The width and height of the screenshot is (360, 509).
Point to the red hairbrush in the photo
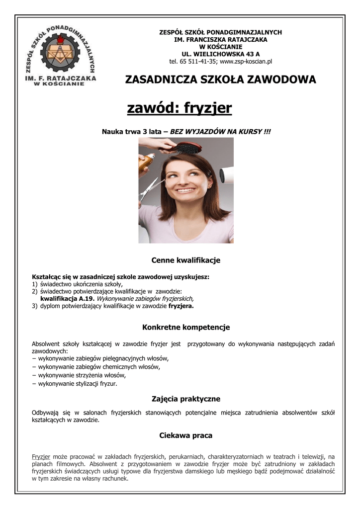[x=187, y=148]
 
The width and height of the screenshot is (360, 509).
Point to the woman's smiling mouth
[x=185, y=190]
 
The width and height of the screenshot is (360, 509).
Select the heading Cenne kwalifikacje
[x=185, y=260]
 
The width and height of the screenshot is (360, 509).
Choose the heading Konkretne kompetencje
[x=185, y=328]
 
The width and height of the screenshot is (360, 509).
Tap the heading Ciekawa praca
[x=185, y=435]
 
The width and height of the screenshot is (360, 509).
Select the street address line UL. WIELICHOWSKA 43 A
[x=220, y=54]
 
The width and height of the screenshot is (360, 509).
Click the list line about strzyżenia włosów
[x=80, y=375]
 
